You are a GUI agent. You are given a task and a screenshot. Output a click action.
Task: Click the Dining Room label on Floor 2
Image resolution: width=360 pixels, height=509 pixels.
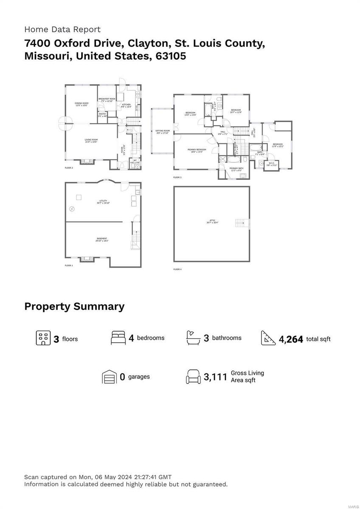pos(81,103)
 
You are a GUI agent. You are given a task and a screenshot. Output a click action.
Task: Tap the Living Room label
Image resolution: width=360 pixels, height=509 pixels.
pos(91,140)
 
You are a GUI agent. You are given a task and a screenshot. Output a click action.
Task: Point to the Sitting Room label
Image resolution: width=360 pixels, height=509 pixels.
pos(162,131)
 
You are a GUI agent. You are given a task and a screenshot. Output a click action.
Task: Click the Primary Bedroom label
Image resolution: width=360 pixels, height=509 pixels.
pos(197,150)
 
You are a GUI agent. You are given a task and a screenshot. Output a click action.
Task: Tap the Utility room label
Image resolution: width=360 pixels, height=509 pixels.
pos(103,201)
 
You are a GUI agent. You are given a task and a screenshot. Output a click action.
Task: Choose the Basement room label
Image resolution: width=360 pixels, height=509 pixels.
pos(102,239)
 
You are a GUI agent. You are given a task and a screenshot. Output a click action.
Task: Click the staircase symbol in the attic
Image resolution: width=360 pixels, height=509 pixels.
pos(241,223)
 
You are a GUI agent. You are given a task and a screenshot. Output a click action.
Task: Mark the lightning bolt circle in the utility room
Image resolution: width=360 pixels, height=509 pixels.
pos(72,209)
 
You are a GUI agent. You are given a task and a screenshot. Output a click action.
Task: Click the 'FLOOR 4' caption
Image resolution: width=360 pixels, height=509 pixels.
pos(177,269)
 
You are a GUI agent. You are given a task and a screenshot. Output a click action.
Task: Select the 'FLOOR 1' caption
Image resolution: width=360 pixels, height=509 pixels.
pos(69,266)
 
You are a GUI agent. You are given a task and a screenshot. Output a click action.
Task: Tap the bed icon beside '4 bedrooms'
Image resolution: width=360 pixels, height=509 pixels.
pos(118,338)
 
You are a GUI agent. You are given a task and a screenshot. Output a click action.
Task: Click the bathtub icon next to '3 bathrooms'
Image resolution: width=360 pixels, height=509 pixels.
pos(193,338)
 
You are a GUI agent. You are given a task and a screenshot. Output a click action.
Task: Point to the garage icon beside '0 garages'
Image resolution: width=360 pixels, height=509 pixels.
pos(109,376)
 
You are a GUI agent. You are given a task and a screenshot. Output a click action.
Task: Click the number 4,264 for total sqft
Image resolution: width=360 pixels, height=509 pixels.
pos(291,339)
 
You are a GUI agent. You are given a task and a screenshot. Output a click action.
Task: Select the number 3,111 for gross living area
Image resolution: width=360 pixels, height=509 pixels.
pos(216,377)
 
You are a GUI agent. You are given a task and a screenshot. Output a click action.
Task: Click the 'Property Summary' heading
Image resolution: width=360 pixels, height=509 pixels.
pos(74,306)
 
